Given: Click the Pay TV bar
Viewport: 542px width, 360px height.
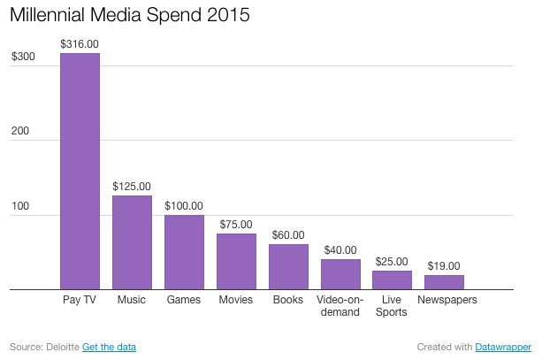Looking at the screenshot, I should (80, 171).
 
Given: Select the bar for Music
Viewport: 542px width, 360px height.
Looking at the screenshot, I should (132, 241).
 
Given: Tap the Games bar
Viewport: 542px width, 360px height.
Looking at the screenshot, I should (184, 251).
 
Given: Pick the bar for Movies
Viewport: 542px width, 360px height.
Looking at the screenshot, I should (236, 261).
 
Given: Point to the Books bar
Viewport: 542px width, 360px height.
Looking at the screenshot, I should (288, 266).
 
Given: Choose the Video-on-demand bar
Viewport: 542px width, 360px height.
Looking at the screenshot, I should (340, 274).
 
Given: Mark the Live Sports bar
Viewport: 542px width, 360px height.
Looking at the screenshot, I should (392, 280).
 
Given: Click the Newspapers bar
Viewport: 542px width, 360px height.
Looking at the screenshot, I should (444, 282).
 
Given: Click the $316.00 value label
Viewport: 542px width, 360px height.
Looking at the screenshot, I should (80, 43).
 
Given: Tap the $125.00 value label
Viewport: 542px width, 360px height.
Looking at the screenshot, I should (132, 187).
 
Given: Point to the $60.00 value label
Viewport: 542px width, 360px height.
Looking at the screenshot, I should (288, 235).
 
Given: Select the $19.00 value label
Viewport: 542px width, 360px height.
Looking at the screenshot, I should (444, 265).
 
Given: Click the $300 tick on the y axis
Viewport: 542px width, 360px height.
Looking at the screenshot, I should (23, 57).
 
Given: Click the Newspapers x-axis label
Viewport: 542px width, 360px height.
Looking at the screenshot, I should (447, 300).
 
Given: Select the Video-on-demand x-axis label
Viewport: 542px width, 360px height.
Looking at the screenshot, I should (340, 306).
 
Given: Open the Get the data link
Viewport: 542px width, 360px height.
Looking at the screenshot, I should (110, 346).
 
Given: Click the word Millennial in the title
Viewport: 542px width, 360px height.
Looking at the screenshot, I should (54, 16).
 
